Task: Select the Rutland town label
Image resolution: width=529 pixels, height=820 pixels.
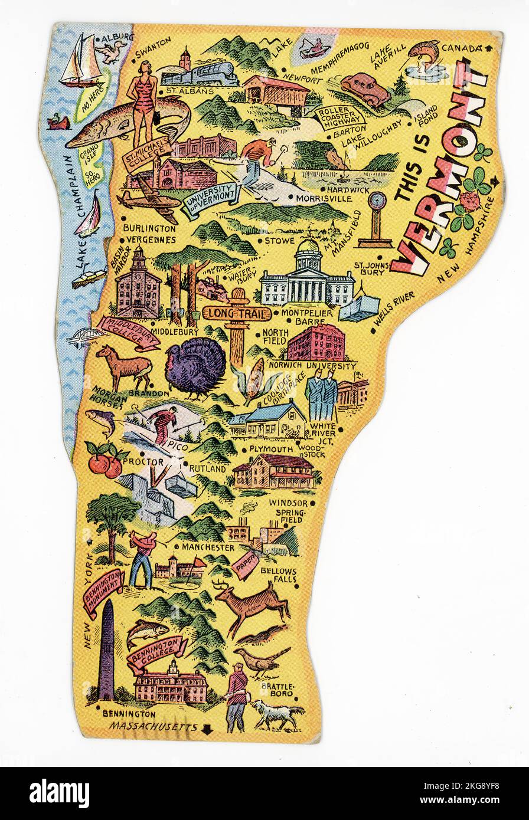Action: tap(207, 468)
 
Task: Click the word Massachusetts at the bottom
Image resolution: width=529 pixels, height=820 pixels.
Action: tap(154, 727)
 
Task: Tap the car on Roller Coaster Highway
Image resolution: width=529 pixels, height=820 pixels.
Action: tap(365, 89)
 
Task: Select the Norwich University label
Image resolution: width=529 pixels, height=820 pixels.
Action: tap(312, 366)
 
